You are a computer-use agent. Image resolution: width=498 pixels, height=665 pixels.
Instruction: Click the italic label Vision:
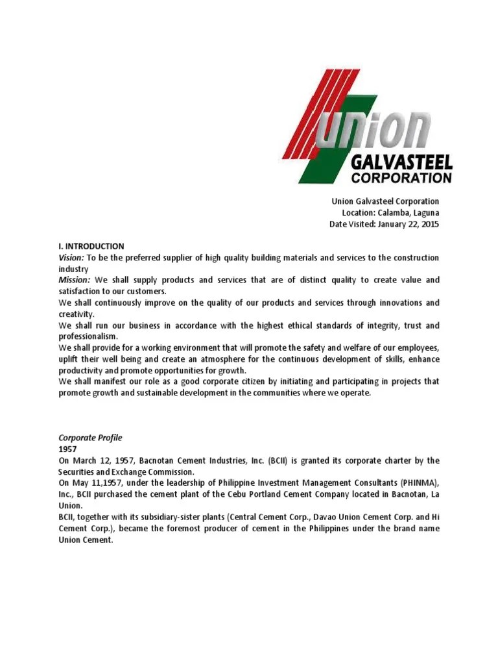(71, 258)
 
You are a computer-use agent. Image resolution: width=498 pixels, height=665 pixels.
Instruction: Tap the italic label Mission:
(75, 280)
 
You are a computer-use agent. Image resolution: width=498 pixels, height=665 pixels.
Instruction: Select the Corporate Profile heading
(90, 438)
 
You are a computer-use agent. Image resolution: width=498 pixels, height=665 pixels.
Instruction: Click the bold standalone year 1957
(68, 449)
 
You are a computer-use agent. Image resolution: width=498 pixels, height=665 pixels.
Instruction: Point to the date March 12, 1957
(104, 460)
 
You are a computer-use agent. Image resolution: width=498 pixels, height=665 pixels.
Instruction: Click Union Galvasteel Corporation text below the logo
(386, 201)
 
